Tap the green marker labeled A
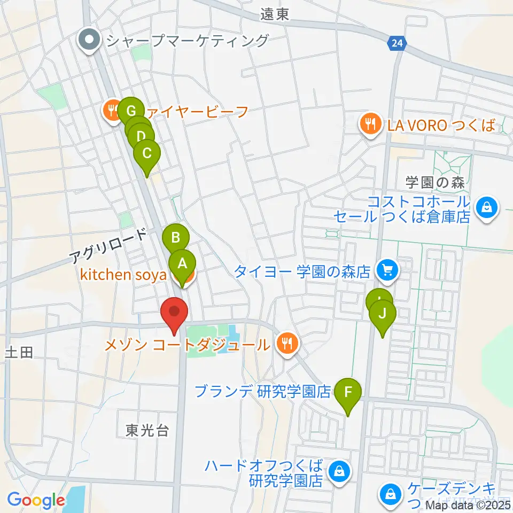coord(182,263)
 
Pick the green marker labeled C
coord(146,153)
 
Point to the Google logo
coord(36,501)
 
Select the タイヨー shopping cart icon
coord(387,270)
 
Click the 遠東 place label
coord(275,14)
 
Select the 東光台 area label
coord(148,430)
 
